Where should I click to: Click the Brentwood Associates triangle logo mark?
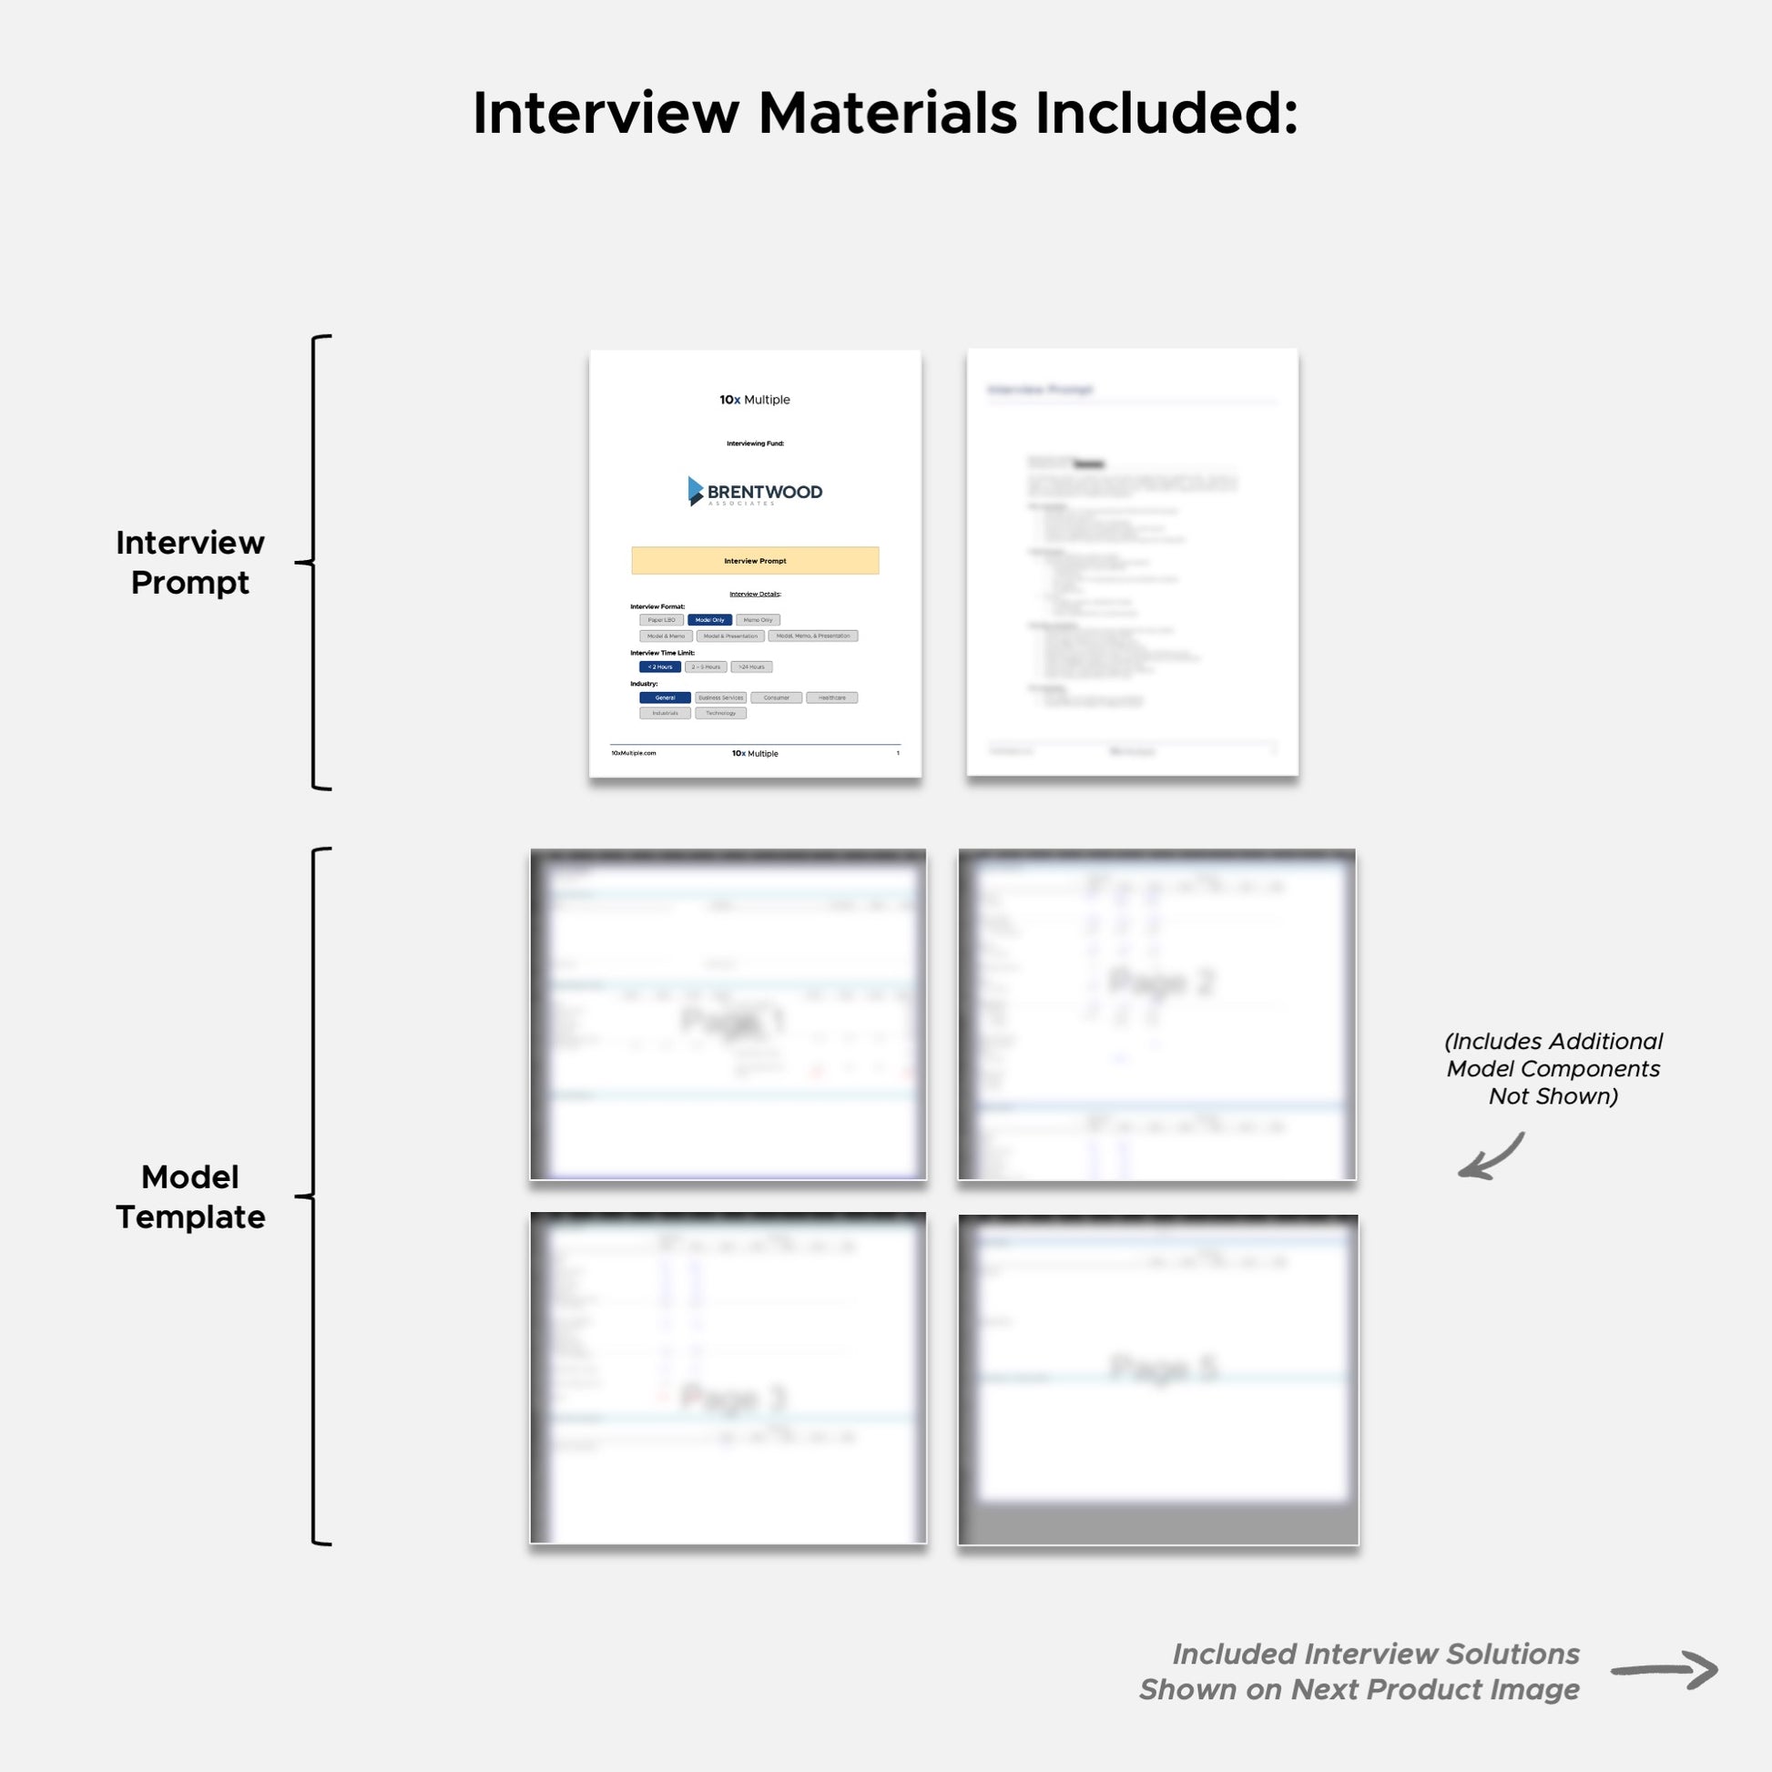pos(695,491)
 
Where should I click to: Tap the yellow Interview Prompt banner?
pos(755,560)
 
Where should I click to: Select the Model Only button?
pos(710,620)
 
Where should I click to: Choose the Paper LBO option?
pos(661,620)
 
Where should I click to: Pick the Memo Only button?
pos(758,620)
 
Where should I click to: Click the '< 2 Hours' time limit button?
pos(660,667)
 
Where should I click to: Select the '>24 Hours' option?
pos(751,667)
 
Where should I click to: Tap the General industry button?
pos(665,698)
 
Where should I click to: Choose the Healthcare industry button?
pos(832,698)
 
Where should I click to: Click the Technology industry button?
pos(721,714)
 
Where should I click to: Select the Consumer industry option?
pos(776,698)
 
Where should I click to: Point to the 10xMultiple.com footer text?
pos(634,753)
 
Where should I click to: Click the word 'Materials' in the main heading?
pos(887,114)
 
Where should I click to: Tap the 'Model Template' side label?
pos(189,1197)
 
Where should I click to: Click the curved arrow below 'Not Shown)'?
pos(1492,1158)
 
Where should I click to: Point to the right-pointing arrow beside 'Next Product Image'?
pos(1664,1670)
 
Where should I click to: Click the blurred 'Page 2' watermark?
pos(1162,983)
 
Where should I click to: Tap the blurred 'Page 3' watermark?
pos(734,1399)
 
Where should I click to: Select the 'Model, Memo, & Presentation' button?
pos(812,636)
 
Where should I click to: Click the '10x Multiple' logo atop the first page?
pos(755,400)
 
